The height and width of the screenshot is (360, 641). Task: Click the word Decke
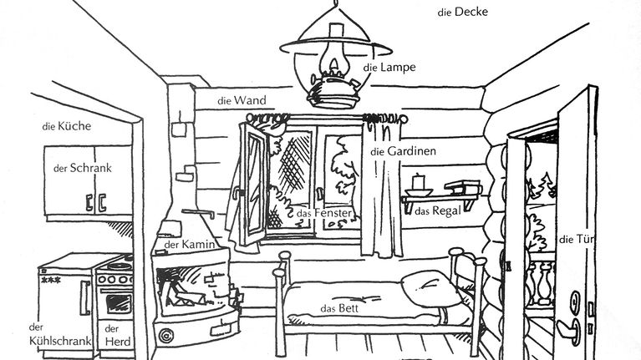coord(471,12)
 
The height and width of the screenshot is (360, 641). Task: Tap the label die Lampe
coord(389,67)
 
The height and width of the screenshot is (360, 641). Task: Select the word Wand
coord(250,100)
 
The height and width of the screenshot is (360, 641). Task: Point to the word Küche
coord(74,126)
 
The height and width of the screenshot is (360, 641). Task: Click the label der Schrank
coord(82,168)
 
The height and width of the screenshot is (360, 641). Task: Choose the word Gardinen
coord(412,151)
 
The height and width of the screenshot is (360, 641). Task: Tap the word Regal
coord(446,210)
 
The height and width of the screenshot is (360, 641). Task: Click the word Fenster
coord(333,213)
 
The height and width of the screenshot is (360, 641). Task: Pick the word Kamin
coord(198,245)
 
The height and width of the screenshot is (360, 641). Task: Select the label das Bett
coord(339,308)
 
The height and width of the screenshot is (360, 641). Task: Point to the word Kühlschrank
coord(60,341)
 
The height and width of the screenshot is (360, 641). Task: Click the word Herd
coord(118,342)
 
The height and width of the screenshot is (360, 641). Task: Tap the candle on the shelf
coord(418,182)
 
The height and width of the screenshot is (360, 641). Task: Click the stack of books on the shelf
coord(463,188)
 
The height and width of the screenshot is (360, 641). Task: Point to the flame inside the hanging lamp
coord(334,63)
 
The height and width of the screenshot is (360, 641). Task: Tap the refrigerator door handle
coord(85,297)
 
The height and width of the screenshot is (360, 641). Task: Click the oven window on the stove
coord(119,303)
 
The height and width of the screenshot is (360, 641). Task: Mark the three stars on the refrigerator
coord(51,280)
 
